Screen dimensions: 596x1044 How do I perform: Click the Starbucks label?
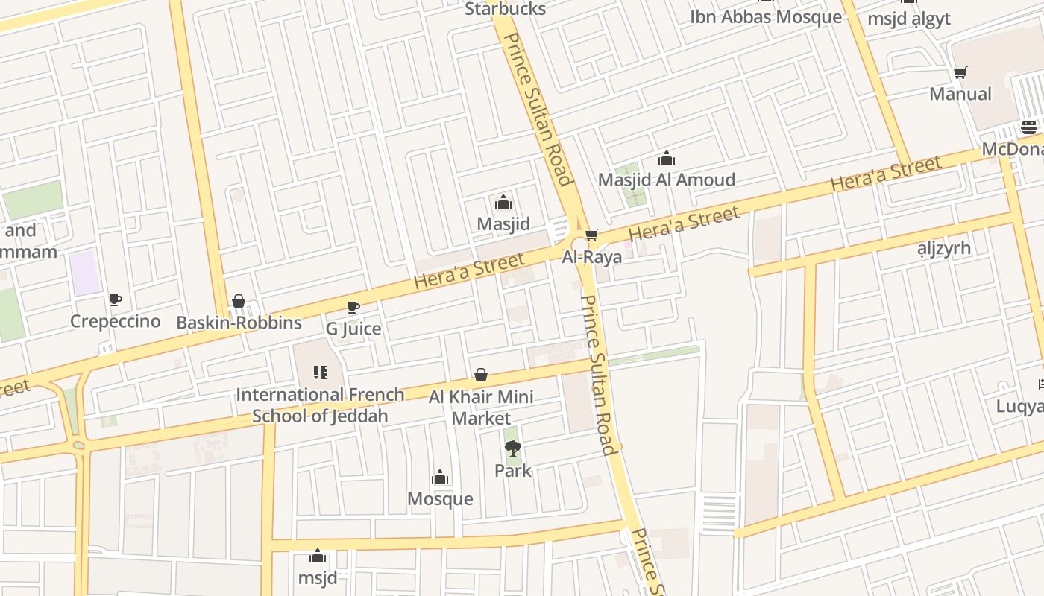tap(505, 10)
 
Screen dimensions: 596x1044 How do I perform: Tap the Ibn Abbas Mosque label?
tap(765, 17)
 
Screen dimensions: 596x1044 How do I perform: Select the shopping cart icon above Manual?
tap(960, 73)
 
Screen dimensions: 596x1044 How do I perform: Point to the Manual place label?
tap(960, 94)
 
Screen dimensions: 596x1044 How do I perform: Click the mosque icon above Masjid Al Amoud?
tap(666, 158)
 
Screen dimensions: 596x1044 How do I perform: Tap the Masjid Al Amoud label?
tap(666, 180)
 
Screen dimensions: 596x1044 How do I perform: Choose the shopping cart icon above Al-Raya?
tap(591, 235)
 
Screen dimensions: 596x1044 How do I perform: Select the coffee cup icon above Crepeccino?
tap(116, 299)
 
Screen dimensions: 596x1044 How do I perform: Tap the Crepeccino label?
tap(116, 321)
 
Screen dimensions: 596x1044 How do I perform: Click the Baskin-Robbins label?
tap(239, 323)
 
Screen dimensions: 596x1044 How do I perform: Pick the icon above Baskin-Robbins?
tap(239, 301)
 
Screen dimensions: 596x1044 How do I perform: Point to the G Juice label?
tap(353, 329)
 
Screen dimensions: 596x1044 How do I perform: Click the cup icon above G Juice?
tap(353, 307)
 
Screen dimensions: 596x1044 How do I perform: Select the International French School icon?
tap(321, 372)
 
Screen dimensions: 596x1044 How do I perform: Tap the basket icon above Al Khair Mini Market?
tap(481, 374)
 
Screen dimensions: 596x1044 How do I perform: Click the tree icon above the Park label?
tap(512, 448)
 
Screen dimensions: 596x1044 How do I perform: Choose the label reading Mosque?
tap(440, 498)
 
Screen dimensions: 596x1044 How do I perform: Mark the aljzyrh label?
tap(943, 248)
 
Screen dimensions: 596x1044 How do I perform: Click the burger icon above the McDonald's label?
tap(1029, 127)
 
